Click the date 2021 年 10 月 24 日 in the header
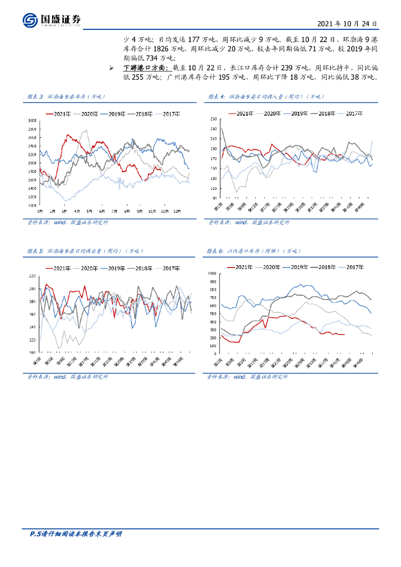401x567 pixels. click(x=348, y=24)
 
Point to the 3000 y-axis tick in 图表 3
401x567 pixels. click(x=32, y=120)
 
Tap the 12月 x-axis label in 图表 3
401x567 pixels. click(x=176, y=211)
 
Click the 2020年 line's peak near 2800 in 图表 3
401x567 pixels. click(x=85, y=131)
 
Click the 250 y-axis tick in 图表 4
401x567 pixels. click(x=213, y=120)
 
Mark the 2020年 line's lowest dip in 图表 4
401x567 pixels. click(x=236, y=192)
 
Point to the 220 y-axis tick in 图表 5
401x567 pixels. click(x=32, y=276)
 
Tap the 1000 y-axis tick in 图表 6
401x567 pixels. click(x=212, y=274)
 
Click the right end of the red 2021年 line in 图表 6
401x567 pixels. click(x=344, y=334)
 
